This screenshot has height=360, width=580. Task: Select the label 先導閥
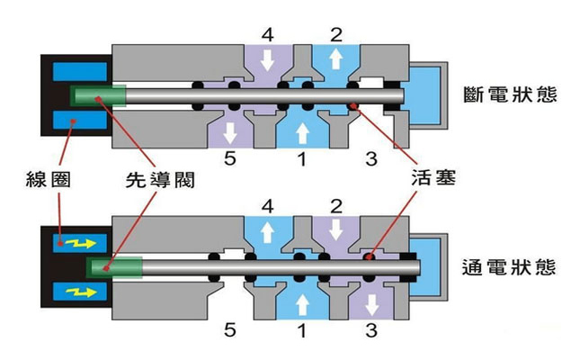click(x=156, y=179)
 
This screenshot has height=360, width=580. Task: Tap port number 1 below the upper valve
click(x=302, y=161)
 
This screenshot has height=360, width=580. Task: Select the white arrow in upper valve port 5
click(x=230, y=131)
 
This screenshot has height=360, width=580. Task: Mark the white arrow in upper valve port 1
click(x=301, y=131)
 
